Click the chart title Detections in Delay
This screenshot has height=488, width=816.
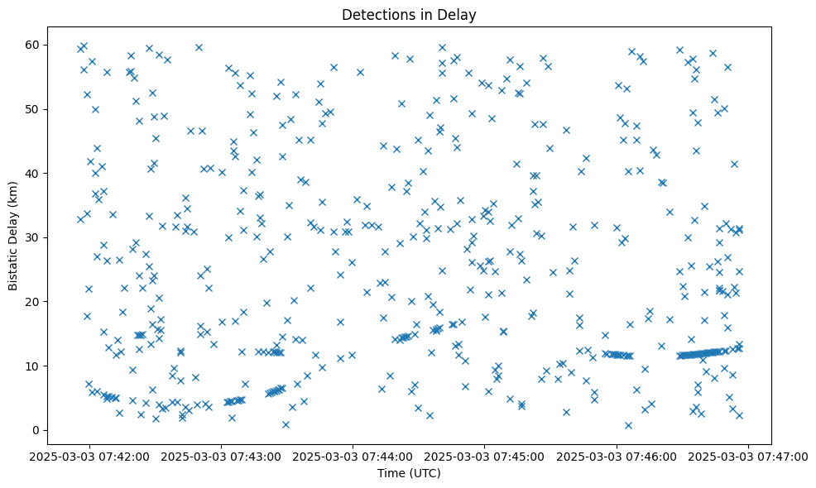[x=409, y=14]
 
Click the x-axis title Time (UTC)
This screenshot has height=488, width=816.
[x=409, y=474]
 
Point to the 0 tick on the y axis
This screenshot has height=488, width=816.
[x=36, y=430]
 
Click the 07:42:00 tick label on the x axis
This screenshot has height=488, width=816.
[x=89, y=456]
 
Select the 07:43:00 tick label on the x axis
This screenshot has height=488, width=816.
[x=221, y=456]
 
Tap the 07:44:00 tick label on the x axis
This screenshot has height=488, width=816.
[x=353, y=456]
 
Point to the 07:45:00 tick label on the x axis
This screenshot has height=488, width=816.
[x=484, y=456]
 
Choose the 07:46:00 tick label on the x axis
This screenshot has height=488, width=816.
[x=616, y=456]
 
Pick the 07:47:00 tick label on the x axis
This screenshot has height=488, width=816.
[x=747, y=456]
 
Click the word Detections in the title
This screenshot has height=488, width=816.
[x=377, y=14]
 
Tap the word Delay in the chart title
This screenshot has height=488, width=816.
[x=458, y=14]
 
